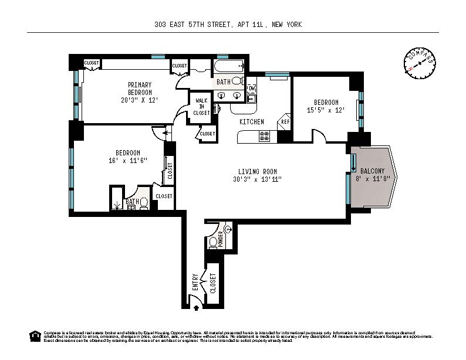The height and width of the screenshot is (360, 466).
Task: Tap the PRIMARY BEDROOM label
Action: click(140, 89)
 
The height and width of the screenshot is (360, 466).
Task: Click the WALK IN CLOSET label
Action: click(202, 107)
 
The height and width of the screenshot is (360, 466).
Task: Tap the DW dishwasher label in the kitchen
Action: click(252, 88)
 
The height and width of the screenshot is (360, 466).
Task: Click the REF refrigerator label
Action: click(285, 121)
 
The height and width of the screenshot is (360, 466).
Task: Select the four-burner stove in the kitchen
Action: click(264, 137)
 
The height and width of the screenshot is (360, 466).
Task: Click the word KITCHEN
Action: click(251, 121)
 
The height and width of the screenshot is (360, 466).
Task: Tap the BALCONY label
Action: click(373, 171)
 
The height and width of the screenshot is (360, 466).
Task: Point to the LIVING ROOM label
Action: click(257, 171)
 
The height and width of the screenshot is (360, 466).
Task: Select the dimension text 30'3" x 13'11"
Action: click(257, 179)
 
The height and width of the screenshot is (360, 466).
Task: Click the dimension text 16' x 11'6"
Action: click(127, 160)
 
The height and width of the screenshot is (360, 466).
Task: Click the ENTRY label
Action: click(196, 282)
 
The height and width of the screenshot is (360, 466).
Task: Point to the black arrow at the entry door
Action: click(196, 305)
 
